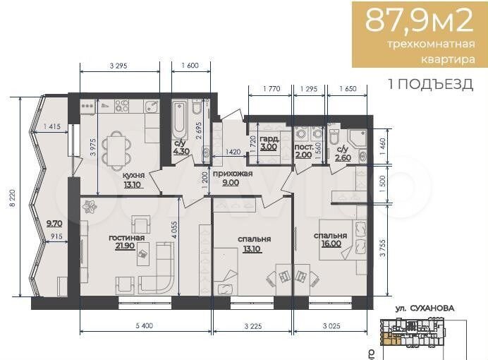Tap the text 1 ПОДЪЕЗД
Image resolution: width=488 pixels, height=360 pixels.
point(431,85)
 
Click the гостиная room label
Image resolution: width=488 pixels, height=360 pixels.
point(127,238)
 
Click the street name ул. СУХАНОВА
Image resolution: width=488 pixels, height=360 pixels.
point(423,308)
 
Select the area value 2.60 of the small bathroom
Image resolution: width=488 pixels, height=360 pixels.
point(343,158)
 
